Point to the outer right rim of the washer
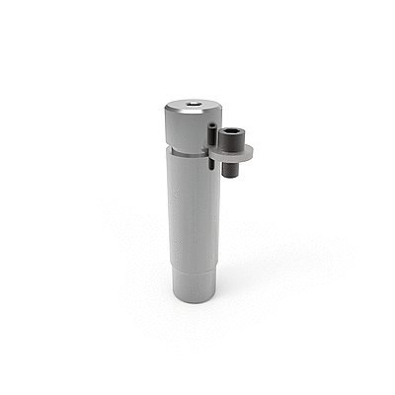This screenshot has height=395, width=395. [x=251, y=151]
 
